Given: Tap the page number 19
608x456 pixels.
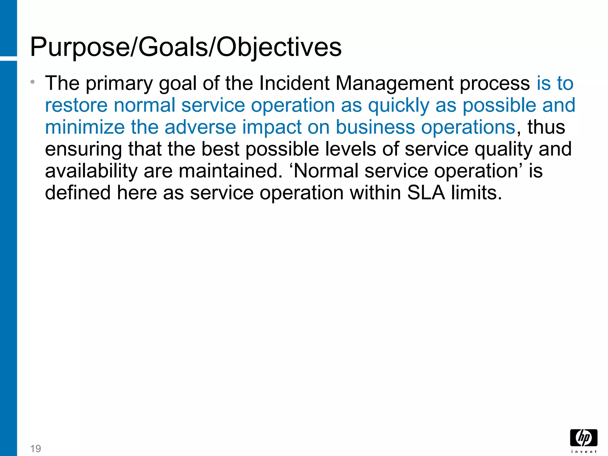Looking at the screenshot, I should pos(36,448).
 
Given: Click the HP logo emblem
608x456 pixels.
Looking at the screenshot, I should pos(584,438).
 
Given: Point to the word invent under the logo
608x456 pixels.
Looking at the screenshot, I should pos(584,452).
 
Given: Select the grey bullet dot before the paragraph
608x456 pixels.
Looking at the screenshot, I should pos(33,81).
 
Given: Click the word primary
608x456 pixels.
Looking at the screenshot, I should pos(119,83).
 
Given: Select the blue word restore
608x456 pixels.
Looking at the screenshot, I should pos(76,105).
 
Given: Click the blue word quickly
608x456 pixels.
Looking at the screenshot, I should pos(399,106).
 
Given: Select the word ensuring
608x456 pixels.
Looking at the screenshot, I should pos(83,149).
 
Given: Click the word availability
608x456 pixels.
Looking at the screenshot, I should pos(91,171).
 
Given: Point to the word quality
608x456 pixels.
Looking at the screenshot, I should pos(503,149).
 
